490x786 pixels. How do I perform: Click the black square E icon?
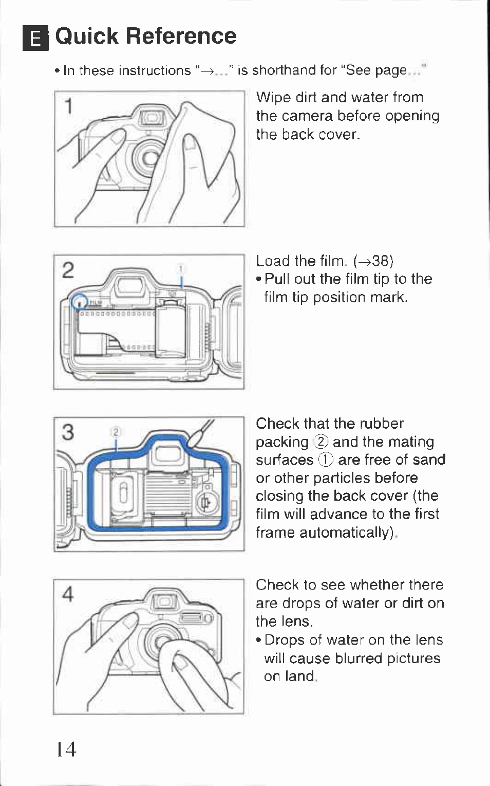tap(35, 38)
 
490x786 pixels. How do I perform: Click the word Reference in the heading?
tap(181, 36)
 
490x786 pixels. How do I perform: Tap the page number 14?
tap(66, 749)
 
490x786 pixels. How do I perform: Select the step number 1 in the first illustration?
tap(69, 106)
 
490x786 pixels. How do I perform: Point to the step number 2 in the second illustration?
tap(68, 270)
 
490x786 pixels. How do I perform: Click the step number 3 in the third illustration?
tap(68, 432)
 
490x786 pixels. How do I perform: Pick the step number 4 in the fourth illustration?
tap(68, 594)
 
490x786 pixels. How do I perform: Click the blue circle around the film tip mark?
tap(79, 301)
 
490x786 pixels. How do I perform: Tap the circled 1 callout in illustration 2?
tap(181, 269)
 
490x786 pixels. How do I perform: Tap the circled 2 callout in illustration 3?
tap(116, 432)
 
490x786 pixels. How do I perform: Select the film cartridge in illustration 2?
tap(171, 330)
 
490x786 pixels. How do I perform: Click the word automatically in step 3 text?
tap(345, 533)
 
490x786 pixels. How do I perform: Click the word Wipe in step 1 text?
tap(273, 98)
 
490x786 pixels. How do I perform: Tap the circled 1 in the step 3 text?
tap(326, 460)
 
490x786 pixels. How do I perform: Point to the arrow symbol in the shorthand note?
tap(206, 71)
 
